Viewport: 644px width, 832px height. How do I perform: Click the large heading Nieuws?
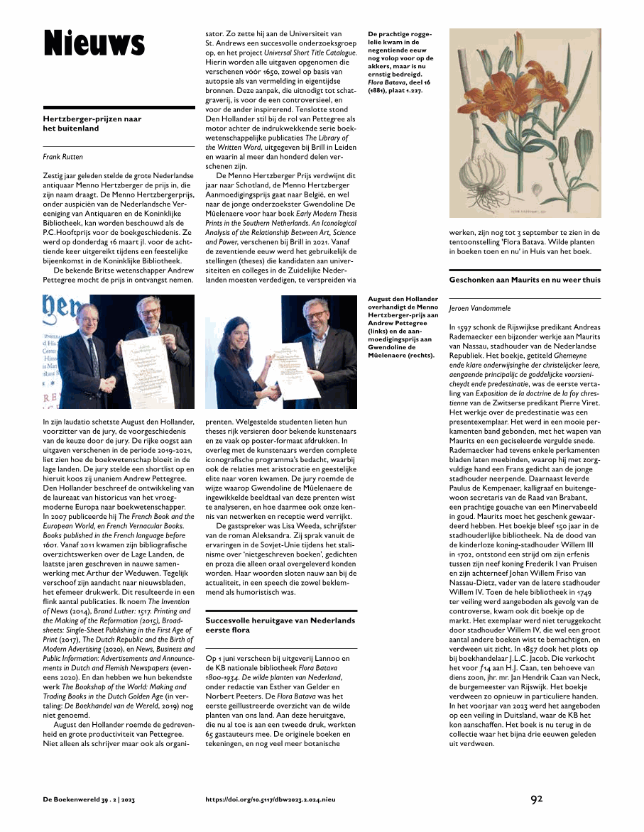(x=94, y=42)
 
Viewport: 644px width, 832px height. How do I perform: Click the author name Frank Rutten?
(x=62, y=156)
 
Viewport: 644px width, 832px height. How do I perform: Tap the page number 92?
(x=537, y=799)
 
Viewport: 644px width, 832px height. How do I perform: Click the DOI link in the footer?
(x=270, y=799)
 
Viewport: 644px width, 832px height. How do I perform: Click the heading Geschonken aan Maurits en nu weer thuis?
(x=525, y=280)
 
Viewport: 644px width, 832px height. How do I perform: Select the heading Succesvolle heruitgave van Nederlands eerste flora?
(x=280, y=625)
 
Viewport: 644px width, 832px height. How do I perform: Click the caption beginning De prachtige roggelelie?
(x=400, y=62)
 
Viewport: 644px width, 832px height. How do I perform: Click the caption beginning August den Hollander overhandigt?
(x=402, y=327)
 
